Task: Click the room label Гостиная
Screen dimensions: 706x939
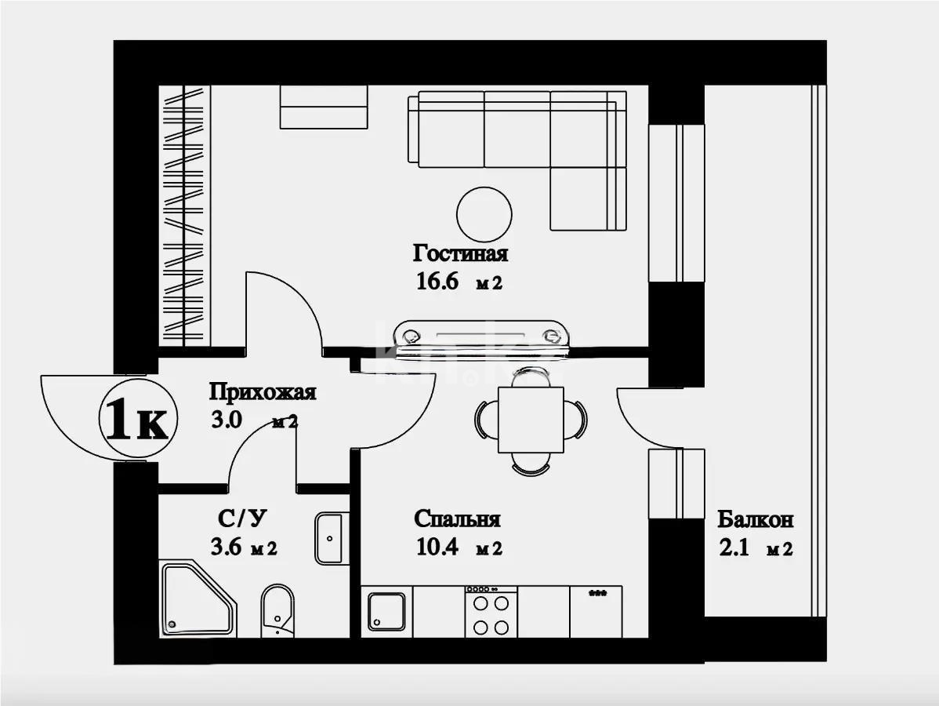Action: click(460, 254)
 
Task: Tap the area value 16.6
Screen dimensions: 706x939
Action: click(437, 282)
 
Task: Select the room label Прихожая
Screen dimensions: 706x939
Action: click(262, 391)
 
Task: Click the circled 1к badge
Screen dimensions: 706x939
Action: click(136, 421)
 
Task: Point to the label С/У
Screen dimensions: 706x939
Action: click(237, 519)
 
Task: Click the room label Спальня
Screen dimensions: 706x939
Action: click(457, 519)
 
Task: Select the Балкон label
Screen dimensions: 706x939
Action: click(755, 519)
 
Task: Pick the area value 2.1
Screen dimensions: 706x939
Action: click(735, 549)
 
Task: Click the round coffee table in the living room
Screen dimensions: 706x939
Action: click(484, 213)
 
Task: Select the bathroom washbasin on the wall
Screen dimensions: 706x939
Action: click(330, 538)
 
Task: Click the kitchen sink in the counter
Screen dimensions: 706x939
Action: click(387, 612)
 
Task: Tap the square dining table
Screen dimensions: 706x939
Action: click(531, 420)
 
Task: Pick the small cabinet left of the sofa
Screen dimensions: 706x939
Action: click(324, 107)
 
